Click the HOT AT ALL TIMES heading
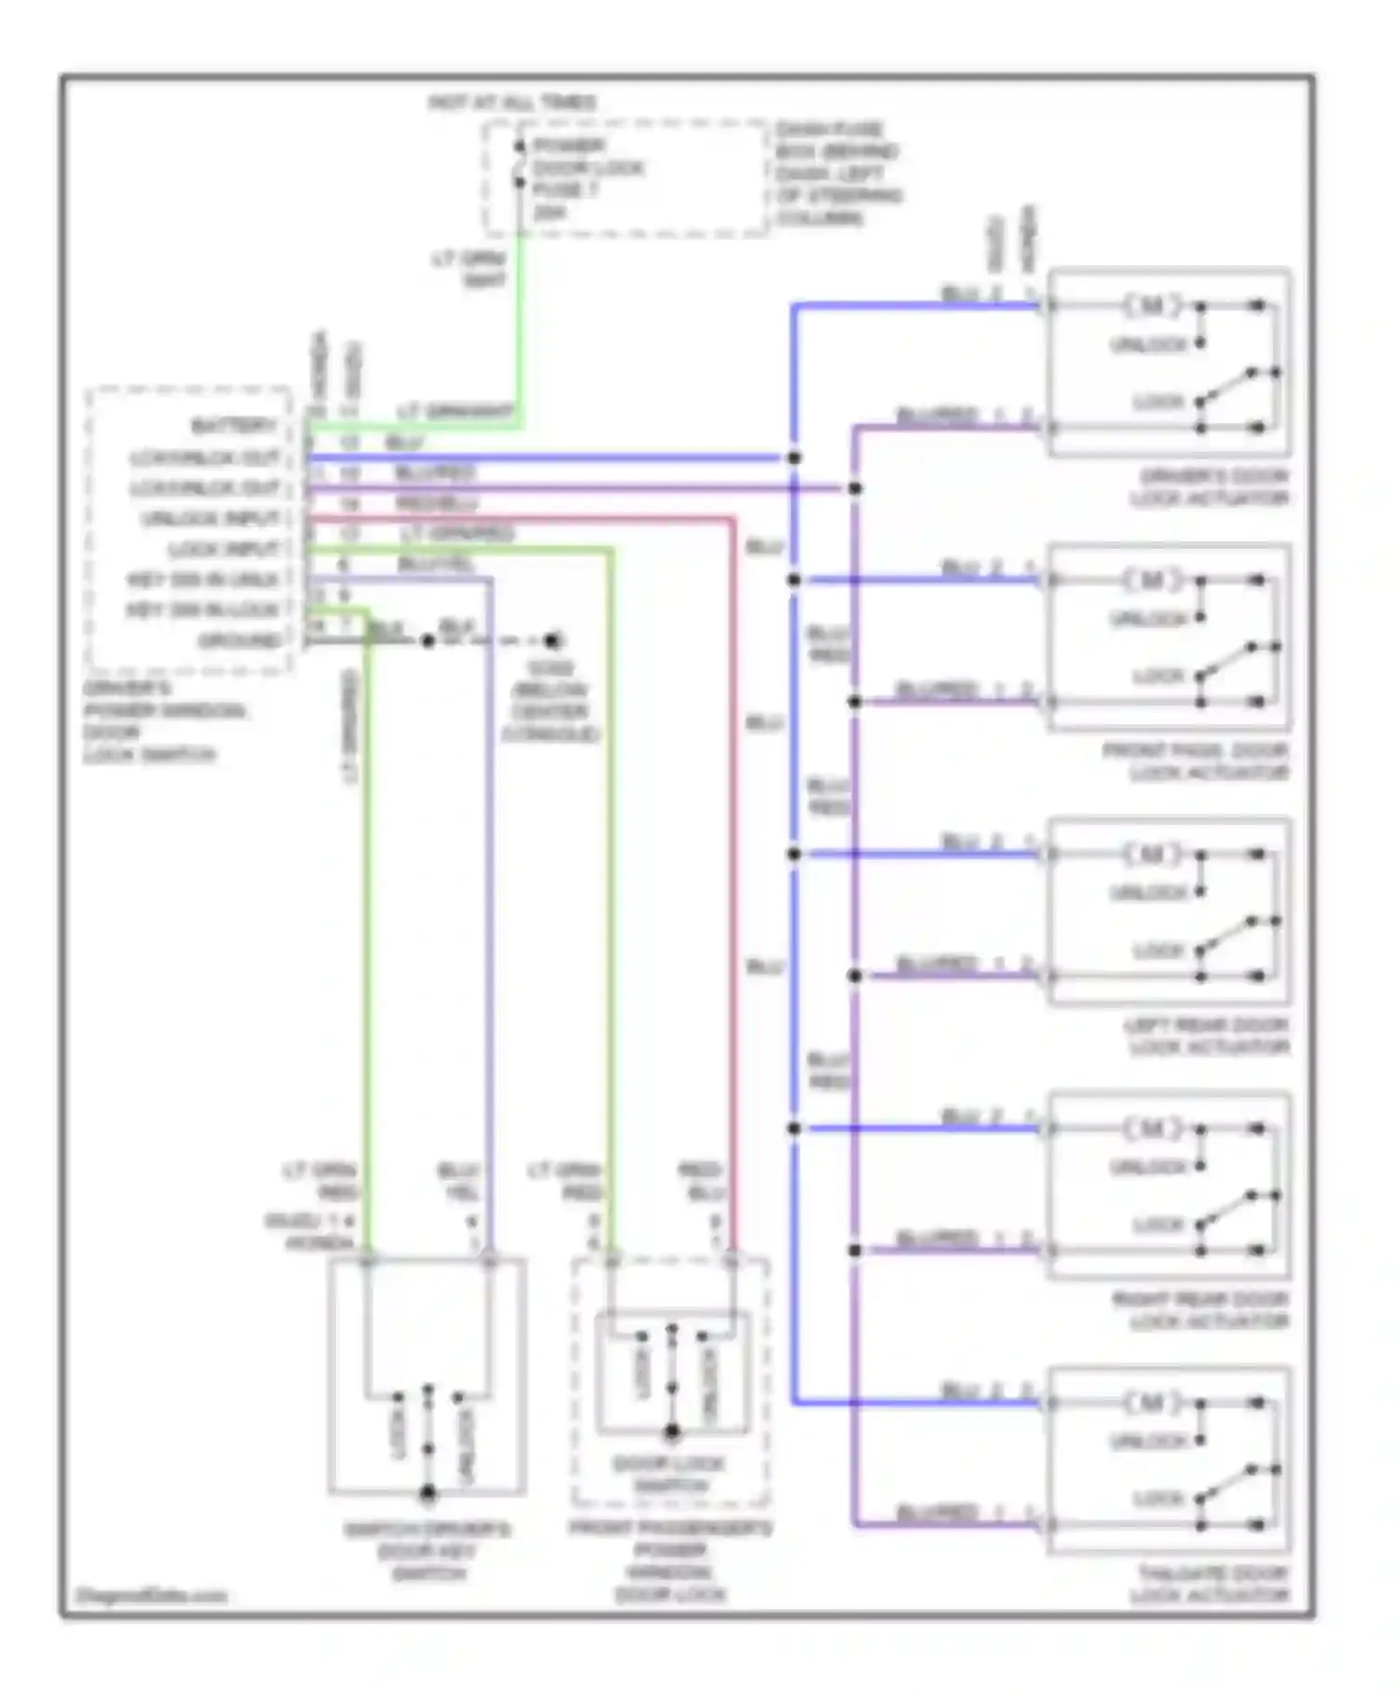(511, 103)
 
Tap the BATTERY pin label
(234, 427)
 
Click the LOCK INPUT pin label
(224, 550)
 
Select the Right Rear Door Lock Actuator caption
(1200, 1310)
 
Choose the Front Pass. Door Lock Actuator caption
(1196, 762)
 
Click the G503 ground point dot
(553, 641)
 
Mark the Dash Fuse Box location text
(837, 174)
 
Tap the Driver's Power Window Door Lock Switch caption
(162, 721)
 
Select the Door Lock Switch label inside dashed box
(670, 1474)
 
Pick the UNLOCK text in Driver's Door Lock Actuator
(1148, 345)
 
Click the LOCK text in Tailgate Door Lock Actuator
(1157, 1500)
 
